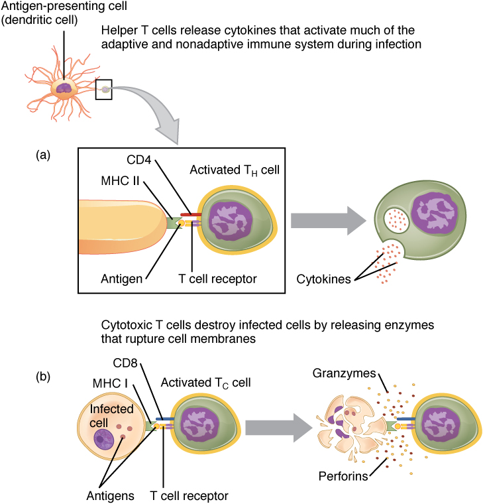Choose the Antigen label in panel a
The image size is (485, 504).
point(122,279)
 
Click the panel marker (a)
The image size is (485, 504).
point(44,155)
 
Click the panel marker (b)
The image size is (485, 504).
point(44,377)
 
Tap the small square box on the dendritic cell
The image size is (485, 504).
point(104,90)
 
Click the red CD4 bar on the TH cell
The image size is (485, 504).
point(189,216)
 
